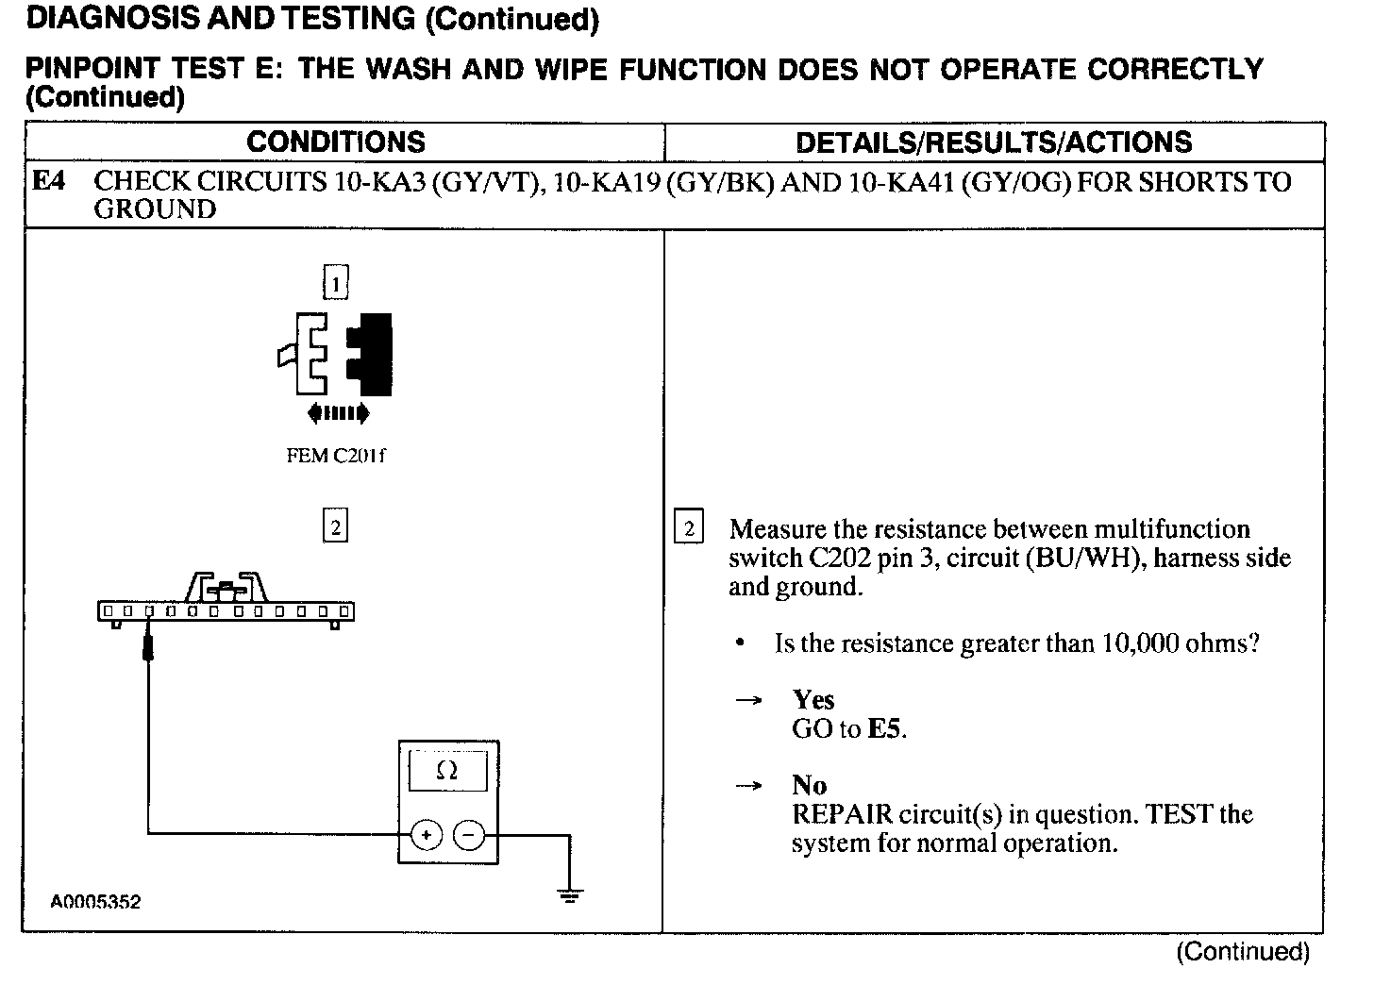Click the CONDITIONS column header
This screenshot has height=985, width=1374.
tap(336, 142)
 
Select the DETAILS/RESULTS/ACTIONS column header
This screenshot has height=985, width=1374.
tap(994, 142)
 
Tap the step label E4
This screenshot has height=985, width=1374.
tap(49, 181)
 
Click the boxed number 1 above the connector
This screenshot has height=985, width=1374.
tap(336, 282)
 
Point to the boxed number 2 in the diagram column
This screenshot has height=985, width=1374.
tap(336, 526)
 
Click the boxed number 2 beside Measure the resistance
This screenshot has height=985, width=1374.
tap(689, 529)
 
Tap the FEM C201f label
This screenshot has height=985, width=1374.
tap(336, 456)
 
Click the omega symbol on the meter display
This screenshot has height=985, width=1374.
tap(447, 771)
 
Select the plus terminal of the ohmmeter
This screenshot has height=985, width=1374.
tap(427, 835)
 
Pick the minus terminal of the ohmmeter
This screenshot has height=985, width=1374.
tap(469, 835)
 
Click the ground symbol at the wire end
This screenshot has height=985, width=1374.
tap(570, 894)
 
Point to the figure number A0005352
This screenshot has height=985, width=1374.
tap(95, 902)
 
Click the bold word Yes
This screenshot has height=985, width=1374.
tap(813, 700)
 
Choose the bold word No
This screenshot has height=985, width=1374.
tap(810, 786)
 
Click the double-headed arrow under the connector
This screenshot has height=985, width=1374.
tap(338, 412)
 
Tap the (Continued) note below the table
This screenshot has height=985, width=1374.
tap(1242, 952)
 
